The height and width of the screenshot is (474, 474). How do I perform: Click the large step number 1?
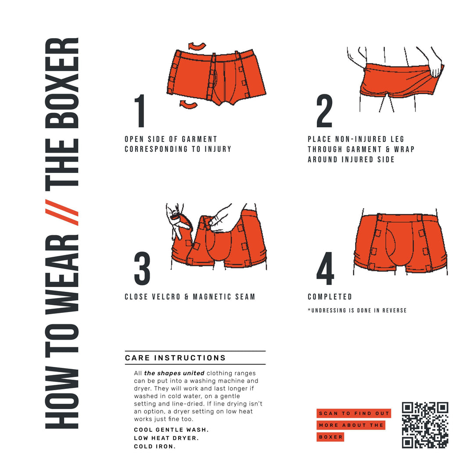click(x=140, y=111)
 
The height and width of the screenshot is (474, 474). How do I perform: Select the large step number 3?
click(x=142, y=268)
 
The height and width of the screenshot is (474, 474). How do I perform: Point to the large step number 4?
click(x=325, y=268)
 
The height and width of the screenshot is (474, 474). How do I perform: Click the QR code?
click(x=425, y=425)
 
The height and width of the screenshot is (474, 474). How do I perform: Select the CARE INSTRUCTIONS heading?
click(x=176, y=358)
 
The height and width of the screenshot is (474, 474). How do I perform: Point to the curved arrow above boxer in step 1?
click(x=197, y=46)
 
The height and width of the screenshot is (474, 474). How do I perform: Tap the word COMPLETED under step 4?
click(x=330, y=297)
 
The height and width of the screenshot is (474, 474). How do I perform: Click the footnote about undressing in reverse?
click(x=357, y=311)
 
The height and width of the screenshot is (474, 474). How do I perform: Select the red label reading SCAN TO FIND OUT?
click(x=353, y=413)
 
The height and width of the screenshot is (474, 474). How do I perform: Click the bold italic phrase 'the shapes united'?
click(x=174, y=373)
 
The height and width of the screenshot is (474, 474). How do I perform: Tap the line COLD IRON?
click(x=154, y=447)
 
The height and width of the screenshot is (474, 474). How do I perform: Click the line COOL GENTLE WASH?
click(x=171, y=430)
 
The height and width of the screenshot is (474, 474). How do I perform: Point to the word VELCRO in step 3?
click(x=164, y=297)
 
